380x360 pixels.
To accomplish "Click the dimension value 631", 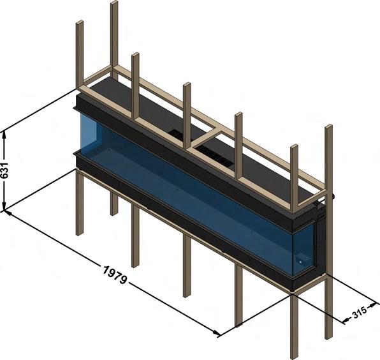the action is click(5, 170).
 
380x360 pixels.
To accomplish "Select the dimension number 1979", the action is click(115, 275).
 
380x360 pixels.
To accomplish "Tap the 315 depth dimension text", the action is click(359, 312).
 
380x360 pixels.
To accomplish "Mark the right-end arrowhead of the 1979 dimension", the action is click(217, 333).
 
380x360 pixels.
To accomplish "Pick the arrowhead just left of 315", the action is click(346, 320).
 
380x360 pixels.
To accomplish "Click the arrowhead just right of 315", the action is click(374, 304).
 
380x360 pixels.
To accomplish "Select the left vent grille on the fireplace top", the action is click(178, 134).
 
